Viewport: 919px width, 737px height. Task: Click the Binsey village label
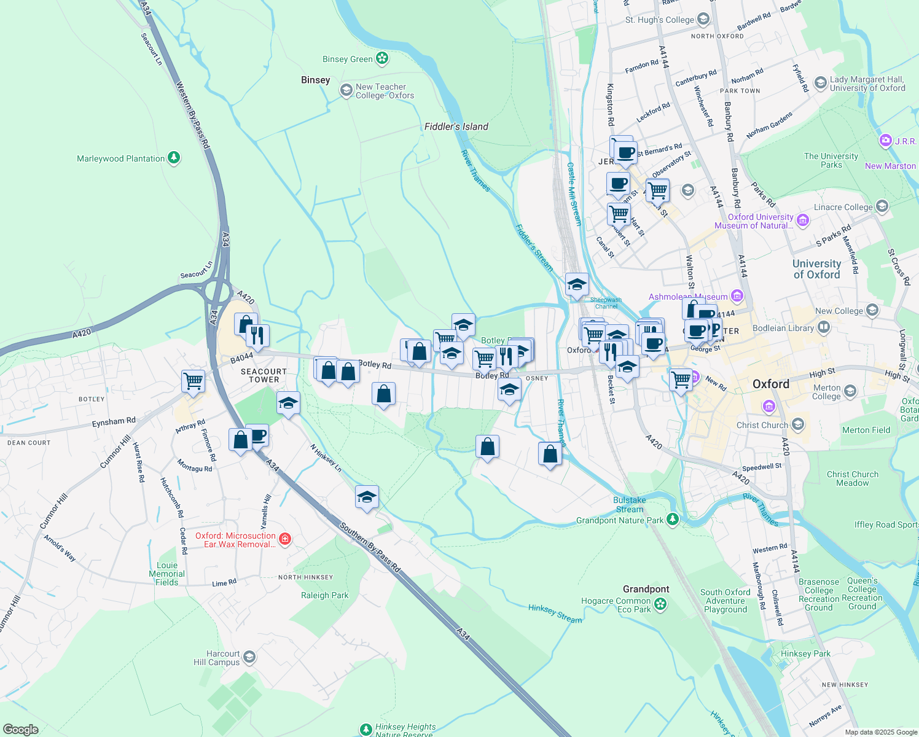(x=315, y=80)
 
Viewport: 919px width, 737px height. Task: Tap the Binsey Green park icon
(x=382, y=58)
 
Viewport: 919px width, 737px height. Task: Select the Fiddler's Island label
(x=456, y=127)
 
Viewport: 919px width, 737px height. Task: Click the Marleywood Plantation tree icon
(x=174, y=158)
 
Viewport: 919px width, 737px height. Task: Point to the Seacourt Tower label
(x=264, y=375)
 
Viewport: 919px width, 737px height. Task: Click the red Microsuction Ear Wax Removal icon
(x=284, y=540)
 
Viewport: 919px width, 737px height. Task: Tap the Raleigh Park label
(x=324, y=595)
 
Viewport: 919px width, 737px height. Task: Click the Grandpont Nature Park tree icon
(x=673, y=520)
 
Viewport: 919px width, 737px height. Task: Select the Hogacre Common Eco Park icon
(x=660, y=604)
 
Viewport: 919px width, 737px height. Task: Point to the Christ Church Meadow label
(x=852, y=478)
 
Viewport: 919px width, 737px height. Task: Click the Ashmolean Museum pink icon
(x=737, y=297)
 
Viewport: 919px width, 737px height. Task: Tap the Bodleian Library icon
(x=824, y=328)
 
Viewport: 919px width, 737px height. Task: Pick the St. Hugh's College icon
(x=703, y=20)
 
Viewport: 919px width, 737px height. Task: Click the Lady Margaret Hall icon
(x=820, y=83)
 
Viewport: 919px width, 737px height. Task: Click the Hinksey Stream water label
(x=555, y=614)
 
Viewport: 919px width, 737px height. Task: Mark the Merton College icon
(x=850, y=391)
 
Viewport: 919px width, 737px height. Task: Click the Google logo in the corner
(x=20, y=730)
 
